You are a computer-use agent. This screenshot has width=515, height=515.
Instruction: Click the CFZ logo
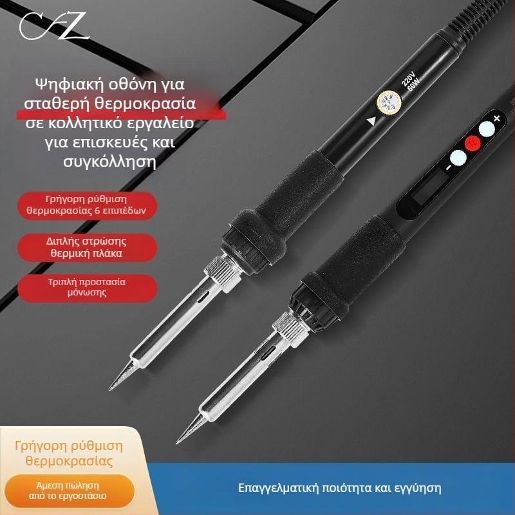pos(53,26)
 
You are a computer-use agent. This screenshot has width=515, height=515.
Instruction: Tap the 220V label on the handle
pos(407,79)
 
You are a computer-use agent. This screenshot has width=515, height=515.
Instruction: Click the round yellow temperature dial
pos(389,102)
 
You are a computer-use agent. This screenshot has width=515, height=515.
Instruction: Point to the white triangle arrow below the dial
pos(371,121)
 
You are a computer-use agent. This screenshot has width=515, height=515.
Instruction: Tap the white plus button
pos(487,129)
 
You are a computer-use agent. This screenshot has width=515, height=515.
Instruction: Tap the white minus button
pos(458,158)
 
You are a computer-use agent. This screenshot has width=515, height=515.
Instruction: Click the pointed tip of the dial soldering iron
pos(110,389)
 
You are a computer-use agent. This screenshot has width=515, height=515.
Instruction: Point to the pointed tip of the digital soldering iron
pos(178,443)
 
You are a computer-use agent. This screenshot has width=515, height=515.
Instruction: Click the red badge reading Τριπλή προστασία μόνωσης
pos(87,287)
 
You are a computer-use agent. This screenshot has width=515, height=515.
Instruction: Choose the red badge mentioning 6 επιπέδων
pos(87,205)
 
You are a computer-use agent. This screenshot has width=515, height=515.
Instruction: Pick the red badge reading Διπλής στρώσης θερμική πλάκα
pos(87,247)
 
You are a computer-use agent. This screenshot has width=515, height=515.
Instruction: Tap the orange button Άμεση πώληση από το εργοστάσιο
pos(68,491)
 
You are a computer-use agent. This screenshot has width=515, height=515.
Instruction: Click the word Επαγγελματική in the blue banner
pos(279,488)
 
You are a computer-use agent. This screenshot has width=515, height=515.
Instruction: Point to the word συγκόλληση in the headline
pos(109,162)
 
